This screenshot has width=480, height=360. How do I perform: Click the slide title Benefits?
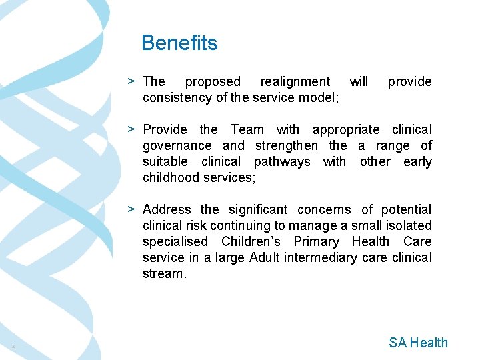click(179, 43)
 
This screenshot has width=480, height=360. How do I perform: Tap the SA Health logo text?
click(418, 343)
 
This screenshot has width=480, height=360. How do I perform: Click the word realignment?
click(295, 81)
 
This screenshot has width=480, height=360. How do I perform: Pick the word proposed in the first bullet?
click(212, 81)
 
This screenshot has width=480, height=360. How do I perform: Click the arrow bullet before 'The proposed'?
click(133, 81)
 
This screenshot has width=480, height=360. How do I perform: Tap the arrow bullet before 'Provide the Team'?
click(133, 129)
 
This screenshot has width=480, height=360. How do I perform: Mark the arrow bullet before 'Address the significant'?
click(133, 209)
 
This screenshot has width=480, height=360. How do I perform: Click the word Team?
click(247, 129)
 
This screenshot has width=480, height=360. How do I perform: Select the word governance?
click(177, 145)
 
